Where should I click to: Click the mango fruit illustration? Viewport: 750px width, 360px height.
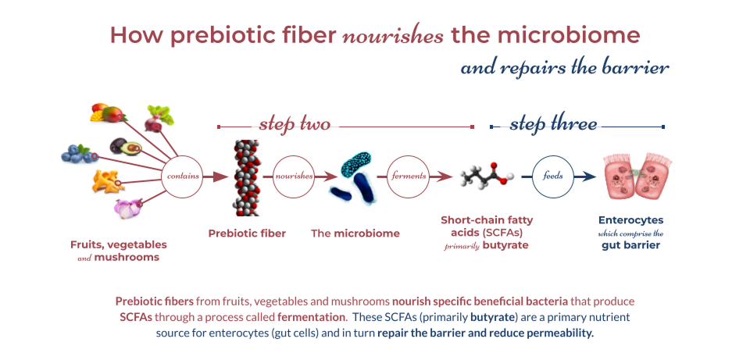(108, 112)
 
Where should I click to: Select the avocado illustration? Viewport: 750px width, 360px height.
(125, 146)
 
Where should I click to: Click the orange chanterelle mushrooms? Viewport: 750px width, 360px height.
(108, 180)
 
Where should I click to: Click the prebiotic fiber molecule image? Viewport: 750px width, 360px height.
(246, 177)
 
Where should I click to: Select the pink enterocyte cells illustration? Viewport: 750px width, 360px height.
(637, 176)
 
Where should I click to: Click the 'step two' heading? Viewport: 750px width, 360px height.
(295, 124)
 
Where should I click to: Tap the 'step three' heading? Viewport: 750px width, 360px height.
(553, 124)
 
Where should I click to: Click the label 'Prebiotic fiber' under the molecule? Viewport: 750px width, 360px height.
(247, 233)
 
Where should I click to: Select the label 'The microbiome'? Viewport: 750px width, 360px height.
(355, 233)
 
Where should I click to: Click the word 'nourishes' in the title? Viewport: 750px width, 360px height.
(393, 37)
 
